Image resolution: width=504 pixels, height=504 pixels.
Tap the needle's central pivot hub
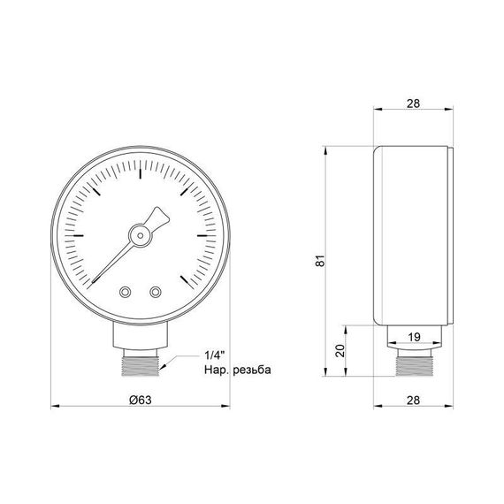141,234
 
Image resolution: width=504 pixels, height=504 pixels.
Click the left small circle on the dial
125,292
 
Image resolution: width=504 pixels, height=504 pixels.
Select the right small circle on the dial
157,292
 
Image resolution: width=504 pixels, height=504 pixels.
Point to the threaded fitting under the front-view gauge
141,362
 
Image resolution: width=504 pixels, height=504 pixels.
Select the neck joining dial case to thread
141,337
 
